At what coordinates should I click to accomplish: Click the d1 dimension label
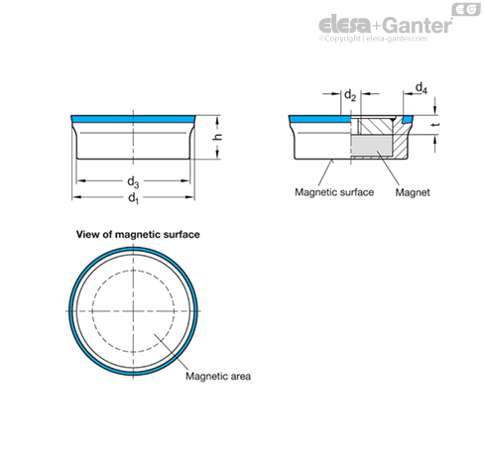pyautogui.click(x=133, y=198)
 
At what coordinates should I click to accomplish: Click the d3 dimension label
pyautogui.click(x=133, y=181)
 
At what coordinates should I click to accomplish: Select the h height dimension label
pyautogui.click(x=217, y=137)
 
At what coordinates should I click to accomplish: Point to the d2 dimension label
pyautogui.click(x=350, y=95)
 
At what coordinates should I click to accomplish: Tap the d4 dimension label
pyautogui.click(x=421, y=88)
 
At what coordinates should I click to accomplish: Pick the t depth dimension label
pyautogui.click(x=436, y=125)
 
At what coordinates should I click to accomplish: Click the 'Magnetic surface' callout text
pyautogui.click(x=334, y=192)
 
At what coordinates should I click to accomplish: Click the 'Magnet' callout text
pyautogui.click(x=413, y=192)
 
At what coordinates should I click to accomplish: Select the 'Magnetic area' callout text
pyautogui.click(x=218, y=376)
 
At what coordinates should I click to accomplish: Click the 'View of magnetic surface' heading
pyautogui.click(x=138, y=234)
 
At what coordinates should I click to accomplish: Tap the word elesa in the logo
pyautogui.click(x=344, y=25)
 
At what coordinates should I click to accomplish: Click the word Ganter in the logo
pyautogui.click(x=418, y=25)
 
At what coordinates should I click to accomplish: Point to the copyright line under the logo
pyautogui.click(x=373, y=39)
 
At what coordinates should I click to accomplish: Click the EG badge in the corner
pyautogui.click(x=466, y=10)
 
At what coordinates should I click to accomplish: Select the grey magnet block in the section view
pyautogui.click(x=371, y=146)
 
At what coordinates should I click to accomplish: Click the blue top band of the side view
pyautogui.click(x=133, y=118)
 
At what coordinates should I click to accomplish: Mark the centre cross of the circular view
pyautogui.click(x=133, y=311)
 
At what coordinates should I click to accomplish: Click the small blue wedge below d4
pyautogui.click(x=408, y=119)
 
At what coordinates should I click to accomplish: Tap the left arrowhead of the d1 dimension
pyautogui.click(x=76, y=197)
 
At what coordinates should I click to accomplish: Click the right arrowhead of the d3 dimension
pyautogui.click(x=185, y=180)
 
